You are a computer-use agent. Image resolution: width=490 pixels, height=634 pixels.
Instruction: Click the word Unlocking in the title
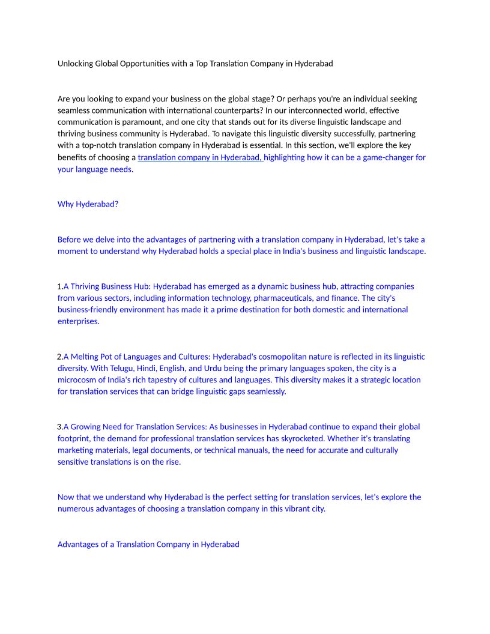[75, 64]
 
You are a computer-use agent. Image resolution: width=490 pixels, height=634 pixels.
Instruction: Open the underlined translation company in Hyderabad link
[199, 158]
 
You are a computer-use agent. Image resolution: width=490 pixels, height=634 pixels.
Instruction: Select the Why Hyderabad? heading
[88, 204]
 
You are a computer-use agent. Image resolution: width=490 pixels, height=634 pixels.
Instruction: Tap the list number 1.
[59, 286]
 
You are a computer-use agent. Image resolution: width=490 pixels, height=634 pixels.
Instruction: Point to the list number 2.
[59, 357]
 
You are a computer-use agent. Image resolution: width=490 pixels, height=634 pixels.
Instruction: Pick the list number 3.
[59, 427]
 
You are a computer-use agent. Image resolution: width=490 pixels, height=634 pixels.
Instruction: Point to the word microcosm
[78, 380]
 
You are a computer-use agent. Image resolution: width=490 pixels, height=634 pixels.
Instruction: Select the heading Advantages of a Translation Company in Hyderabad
[148, 545]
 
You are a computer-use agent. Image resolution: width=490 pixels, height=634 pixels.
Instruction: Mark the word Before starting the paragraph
[70, 240]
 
